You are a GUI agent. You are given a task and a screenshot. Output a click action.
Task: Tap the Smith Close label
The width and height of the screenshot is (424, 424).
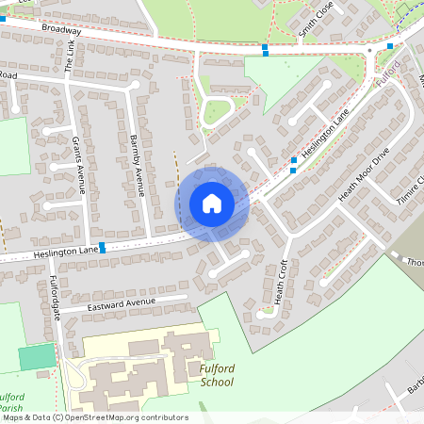(x=317, y=20)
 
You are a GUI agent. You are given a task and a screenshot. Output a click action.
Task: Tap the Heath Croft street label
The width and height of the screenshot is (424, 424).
(x=280, y=282)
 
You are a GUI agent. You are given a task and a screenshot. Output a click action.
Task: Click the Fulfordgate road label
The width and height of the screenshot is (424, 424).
(x=54, y=300)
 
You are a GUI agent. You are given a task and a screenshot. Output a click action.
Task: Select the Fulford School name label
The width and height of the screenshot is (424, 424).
(x=217, y=375)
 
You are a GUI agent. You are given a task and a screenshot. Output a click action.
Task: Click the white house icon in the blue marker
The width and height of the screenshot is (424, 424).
(x=212, y=204)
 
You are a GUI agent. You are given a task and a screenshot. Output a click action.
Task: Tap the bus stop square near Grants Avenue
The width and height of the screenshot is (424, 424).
(x=101, y=247)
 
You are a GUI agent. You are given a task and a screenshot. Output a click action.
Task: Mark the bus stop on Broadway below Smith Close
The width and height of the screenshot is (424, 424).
(x=265, y=48)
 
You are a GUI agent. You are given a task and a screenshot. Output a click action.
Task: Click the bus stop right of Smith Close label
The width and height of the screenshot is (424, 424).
(x=389, y=45)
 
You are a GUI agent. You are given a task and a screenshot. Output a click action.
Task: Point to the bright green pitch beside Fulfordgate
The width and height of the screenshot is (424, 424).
(x=37, y=357)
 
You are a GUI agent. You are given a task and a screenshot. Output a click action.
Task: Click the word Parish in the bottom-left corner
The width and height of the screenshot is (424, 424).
(x=11, y=409)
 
